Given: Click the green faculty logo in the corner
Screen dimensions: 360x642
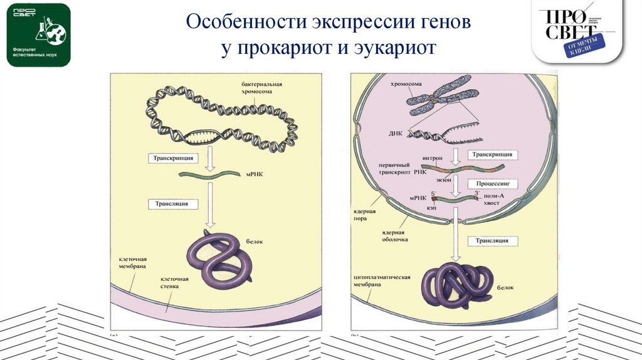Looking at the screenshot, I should pyautogui.click(x=38, y=34).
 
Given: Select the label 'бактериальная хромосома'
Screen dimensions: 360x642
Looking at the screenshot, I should pyautogui.click(x=263, y=87).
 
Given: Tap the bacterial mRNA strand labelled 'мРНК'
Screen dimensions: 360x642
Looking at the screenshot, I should pyautogui.click(x=209, y=176).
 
